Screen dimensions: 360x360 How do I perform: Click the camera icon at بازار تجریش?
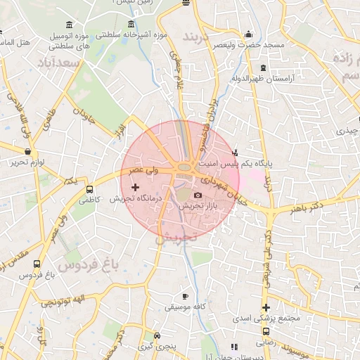pyautogui.click(x=198, y=195)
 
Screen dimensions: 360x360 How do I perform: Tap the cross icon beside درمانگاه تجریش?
pyautogui.click(x=135, y=187)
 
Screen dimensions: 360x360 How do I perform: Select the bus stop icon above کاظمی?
pyautogui.click(x=89, y=189)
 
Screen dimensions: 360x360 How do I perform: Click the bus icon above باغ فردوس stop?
pyautogui.click(x=37, y=264)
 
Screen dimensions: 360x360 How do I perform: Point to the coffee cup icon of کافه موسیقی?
pyautogui.click(x=185, y=297)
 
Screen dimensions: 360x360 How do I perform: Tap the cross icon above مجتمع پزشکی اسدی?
pyautogui.click(x=266, y=307)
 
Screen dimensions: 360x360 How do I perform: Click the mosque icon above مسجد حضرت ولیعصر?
pyautogui.click(x=248, y=34)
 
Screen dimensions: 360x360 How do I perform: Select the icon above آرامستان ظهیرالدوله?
pyautogui.click(x=263, y=67)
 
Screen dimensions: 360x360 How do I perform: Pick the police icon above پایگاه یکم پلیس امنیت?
pyautogui.click(x=235, y=151)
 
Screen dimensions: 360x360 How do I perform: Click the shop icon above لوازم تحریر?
pyautogui.click(x=27, y=151)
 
